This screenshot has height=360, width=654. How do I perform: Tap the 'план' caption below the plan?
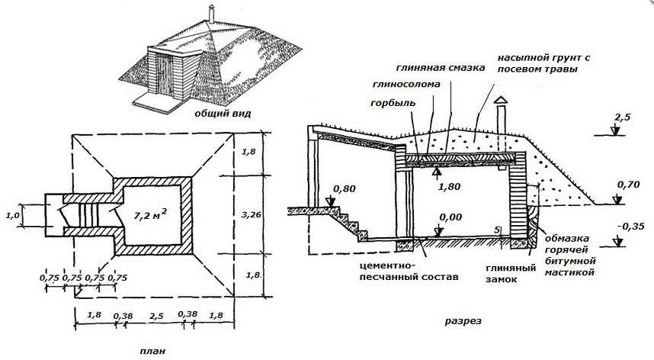point(151,351)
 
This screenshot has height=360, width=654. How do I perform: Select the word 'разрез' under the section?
point(463,321)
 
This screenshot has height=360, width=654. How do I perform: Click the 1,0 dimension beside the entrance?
point(14,216)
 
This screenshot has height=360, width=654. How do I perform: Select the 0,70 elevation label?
point(627,185)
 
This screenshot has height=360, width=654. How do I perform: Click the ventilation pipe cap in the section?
point(500,101)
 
